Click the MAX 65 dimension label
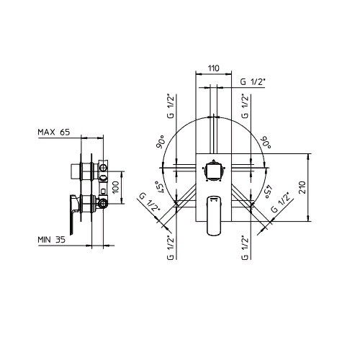click(54, 132)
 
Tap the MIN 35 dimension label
click(51, 240)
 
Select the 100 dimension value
click(116, 187)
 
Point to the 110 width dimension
click(214, 68)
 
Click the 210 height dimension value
click(303, 188)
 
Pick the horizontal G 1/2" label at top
click(253, 82)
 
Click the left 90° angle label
click(161, 142)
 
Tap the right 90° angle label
click(266, 142)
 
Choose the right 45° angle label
click(268, 191)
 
